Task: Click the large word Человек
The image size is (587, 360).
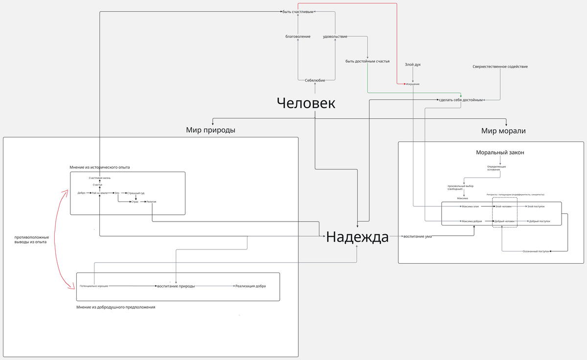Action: tap(306, 103)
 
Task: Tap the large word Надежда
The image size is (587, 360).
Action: tap(357, 237)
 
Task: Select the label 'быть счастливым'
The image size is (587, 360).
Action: tap(297, 12)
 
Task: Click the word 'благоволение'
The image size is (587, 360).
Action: tap(298, 37)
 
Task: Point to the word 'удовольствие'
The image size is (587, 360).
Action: tap(335, 37)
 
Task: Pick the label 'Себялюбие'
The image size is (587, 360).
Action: tap(315, 80)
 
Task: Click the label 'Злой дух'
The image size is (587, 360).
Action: tap(413, 65)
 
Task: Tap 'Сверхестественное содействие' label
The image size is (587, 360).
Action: tap(500, 67)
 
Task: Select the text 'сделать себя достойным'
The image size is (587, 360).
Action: tap(460, 100)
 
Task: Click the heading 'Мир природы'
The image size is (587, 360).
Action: tap(210, 130)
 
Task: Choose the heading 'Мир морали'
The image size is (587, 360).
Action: tap(503, 131)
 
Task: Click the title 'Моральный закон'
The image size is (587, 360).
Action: tap(500, 153)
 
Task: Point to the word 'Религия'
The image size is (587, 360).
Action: tap(151, 202)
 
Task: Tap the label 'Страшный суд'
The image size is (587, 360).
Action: tap(136, 193)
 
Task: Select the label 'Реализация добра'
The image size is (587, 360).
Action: tap(250, 286)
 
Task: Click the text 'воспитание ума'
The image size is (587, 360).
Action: tap(417, 237)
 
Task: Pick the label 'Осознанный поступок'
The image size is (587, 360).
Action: tap(536, 251)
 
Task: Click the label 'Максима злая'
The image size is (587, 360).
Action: tap(470, 206)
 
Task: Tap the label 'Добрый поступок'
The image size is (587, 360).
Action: tap(540, 222)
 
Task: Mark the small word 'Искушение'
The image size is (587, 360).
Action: tap(412, 84)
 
